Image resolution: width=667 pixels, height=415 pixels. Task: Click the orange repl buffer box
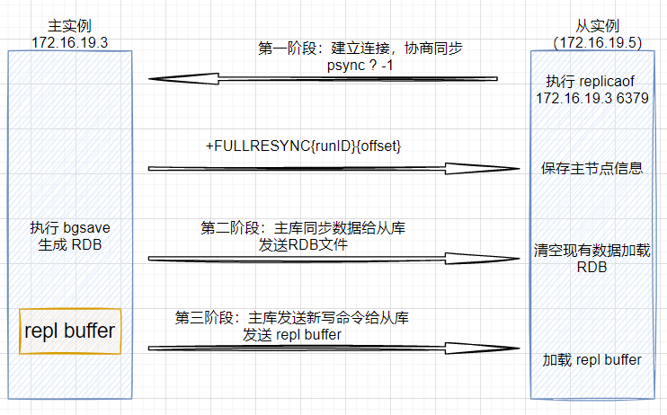70,331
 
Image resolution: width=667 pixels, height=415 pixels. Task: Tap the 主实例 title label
69,26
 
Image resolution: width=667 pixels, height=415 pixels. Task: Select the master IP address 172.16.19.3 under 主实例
70,42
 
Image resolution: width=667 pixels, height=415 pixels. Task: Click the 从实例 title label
597,26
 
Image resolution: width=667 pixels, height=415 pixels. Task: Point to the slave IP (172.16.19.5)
598,42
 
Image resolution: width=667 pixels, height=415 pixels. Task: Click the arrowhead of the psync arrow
183,79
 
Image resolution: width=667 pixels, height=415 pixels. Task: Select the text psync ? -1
360,66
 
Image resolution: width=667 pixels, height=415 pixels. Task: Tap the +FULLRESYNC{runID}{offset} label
303,146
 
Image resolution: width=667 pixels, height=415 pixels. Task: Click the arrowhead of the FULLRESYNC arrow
483,168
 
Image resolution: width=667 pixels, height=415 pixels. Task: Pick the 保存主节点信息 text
591,168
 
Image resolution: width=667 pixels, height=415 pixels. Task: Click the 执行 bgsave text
70,228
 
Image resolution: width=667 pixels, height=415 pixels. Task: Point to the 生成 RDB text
70,245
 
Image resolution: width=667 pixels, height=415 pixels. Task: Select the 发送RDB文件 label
303,245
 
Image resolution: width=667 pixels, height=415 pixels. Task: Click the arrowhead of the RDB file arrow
483,259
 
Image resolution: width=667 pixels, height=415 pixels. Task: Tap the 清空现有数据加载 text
592,251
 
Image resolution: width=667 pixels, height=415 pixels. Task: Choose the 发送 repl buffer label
292,335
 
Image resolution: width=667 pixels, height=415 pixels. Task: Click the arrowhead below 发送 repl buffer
483,349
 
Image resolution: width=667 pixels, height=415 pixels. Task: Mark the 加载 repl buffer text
591,360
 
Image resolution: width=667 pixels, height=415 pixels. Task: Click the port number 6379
632,98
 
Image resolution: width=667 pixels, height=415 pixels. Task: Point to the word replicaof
607,81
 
